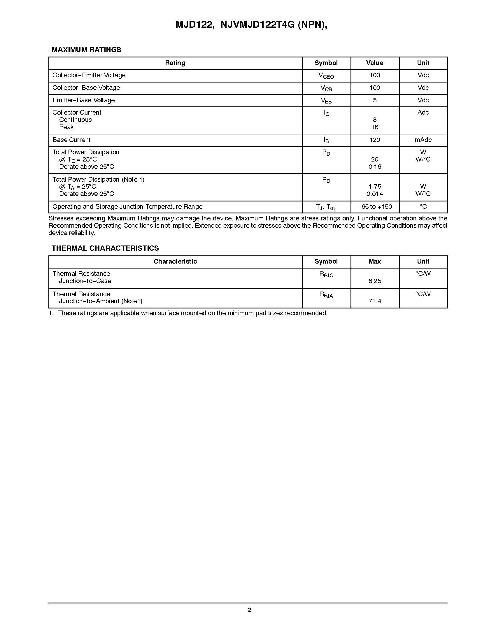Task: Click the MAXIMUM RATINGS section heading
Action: tap(86, 50)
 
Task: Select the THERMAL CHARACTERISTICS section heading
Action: tap(105, 248)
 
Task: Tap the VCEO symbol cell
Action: tap(326, 76)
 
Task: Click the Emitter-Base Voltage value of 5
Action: tap(375, 100)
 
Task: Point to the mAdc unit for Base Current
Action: tap(423, 140)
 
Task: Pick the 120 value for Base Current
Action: tap(375, 140)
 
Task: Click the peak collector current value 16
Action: tap(375, 127)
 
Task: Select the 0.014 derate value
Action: tap(375, 194)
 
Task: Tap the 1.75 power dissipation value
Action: tap(375, 186)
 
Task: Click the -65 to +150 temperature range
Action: tap(375, 207)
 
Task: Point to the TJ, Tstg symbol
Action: tap(326, 207)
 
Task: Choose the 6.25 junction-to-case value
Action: tap(375, 281)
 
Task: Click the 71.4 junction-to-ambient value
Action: tap(375, 301)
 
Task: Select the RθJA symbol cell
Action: tap(326, 294)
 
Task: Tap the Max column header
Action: tap(375, 261)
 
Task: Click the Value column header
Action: tap(375, 63)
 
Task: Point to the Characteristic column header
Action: tap(175, 261)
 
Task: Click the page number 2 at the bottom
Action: tap(249, 610)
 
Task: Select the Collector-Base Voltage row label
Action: tap(86, 87)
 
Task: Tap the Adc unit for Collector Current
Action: tap(423, 112)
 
